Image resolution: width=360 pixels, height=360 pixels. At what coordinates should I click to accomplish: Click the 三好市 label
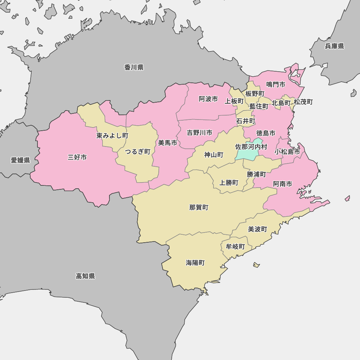77,157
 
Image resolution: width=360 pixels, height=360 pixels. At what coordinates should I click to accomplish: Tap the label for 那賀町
199,207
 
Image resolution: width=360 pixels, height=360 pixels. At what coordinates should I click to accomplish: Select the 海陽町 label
195,263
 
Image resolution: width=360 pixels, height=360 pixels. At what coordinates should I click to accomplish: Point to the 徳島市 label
266,133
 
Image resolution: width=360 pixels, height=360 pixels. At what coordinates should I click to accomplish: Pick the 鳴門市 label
276,84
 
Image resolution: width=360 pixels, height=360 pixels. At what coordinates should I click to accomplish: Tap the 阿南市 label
283,184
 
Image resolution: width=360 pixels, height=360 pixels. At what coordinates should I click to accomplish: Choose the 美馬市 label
168,143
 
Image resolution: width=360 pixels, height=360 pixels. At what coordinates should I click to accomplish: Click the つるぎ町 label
138,152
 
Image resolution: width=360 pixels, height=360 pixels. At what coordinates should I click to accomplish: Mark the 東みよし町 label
112,136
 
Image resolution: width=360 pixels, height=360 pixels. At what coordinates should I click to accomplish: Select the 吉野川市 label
199,133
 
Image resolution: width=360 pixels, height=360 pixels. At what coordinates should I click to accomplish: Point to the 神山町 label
214,155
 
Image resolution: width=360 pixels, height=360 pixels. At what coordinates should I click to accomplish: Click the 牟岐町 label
235,247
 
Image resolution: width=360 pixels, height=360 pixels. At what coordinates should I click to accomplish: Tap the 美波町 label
258,229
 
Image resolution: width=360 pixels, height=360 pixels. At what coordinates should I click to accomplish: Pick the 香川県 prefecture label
134,67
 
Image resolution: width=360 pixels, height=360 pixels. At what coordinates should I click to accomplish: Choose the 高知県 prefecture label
85,276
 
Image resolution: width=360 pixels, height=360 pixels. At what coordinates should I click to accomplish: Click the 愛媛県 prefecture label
21,160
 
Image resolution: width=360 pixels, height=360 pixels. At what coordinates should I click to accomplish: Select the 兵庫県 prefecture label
334,46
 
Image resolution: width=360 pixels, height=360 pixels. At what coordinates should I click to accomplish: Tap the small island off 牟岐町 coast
256,265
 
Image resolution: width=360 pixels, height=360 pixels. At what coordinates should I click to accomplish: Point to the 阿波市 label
208,99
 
